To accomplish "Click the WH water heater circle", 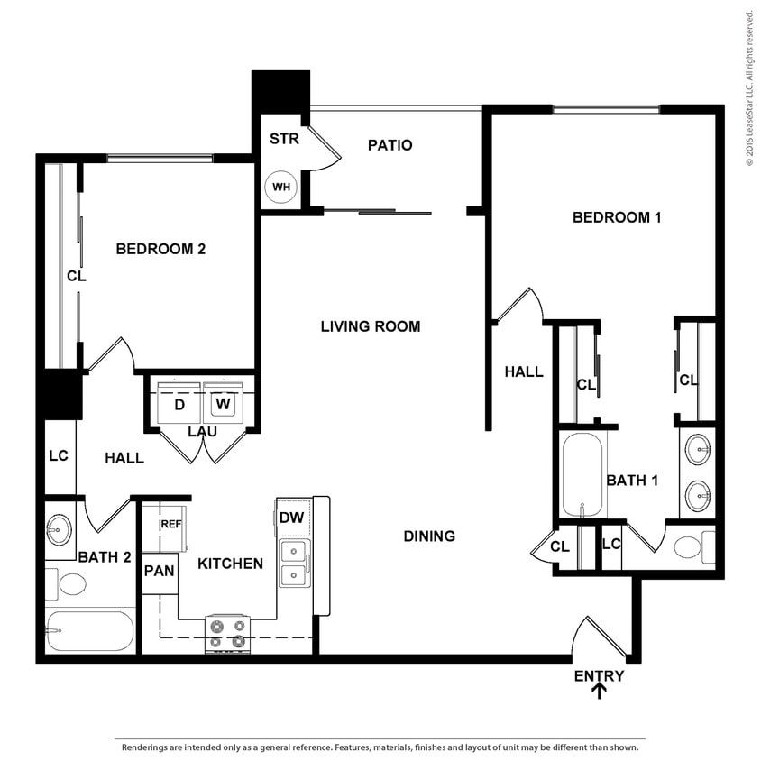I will (x=281, y=188).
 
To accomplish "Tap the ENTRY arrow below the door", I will (x=599, y=691).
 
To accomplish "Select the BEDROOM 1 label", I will (x=618, y=217).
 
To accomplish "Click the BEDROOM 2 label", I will (x=160, y=249).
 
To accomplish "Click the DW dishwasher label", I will (x=291, y=518).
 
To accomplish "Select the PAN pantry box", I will (x=159, y=570).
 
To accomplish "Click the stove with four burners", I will (x=228, y=633).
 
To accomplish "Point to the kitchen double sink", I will (x=292, y=564).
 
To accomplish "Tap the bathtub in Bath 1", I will (x=582, y=475).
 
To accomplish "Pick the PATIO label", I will (x=390, y=145).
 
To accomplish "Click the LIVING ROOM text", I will (x=371, y=326).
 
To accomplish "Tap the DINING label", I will (x=429, y=536).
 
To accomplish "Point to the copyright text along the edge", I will (x=749, y=87).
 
